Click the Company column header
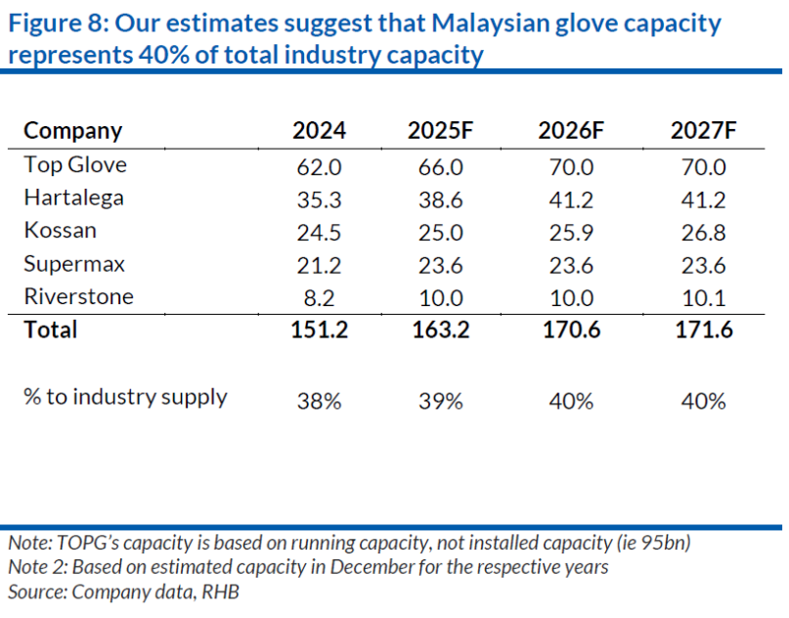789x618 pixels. coord(73,130)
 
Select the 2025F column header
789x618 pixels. coord(440,130)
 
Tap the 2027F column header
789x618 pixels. coord(703,130)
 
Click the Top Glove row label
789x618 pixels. coord(75,164)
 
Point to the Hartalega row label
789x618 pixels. coord(74,198)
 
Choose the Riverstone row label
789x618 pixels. coord(78,297)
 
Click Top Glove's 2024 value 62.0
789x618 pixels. coord(319,166)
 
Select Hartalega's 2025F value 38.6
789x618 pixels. coord(440,199)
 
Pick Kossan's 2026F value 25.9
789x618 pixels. coord(571,233)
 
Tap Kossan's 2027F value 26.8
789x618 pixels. coord(703,233)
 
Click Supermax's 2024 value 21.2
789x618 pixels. coord(319,265)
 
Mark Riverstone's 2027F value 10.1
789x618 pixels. coord(703,298)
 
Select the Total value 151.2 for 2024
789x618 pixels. coord(319,331)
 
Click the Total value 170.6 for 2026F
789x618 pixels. coord(571,331)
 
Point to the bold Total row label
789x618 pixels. coord(51,330)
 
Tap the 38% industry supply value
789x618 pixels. coord(319,400)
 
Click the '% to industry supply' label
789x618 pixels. coord(125,397)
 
